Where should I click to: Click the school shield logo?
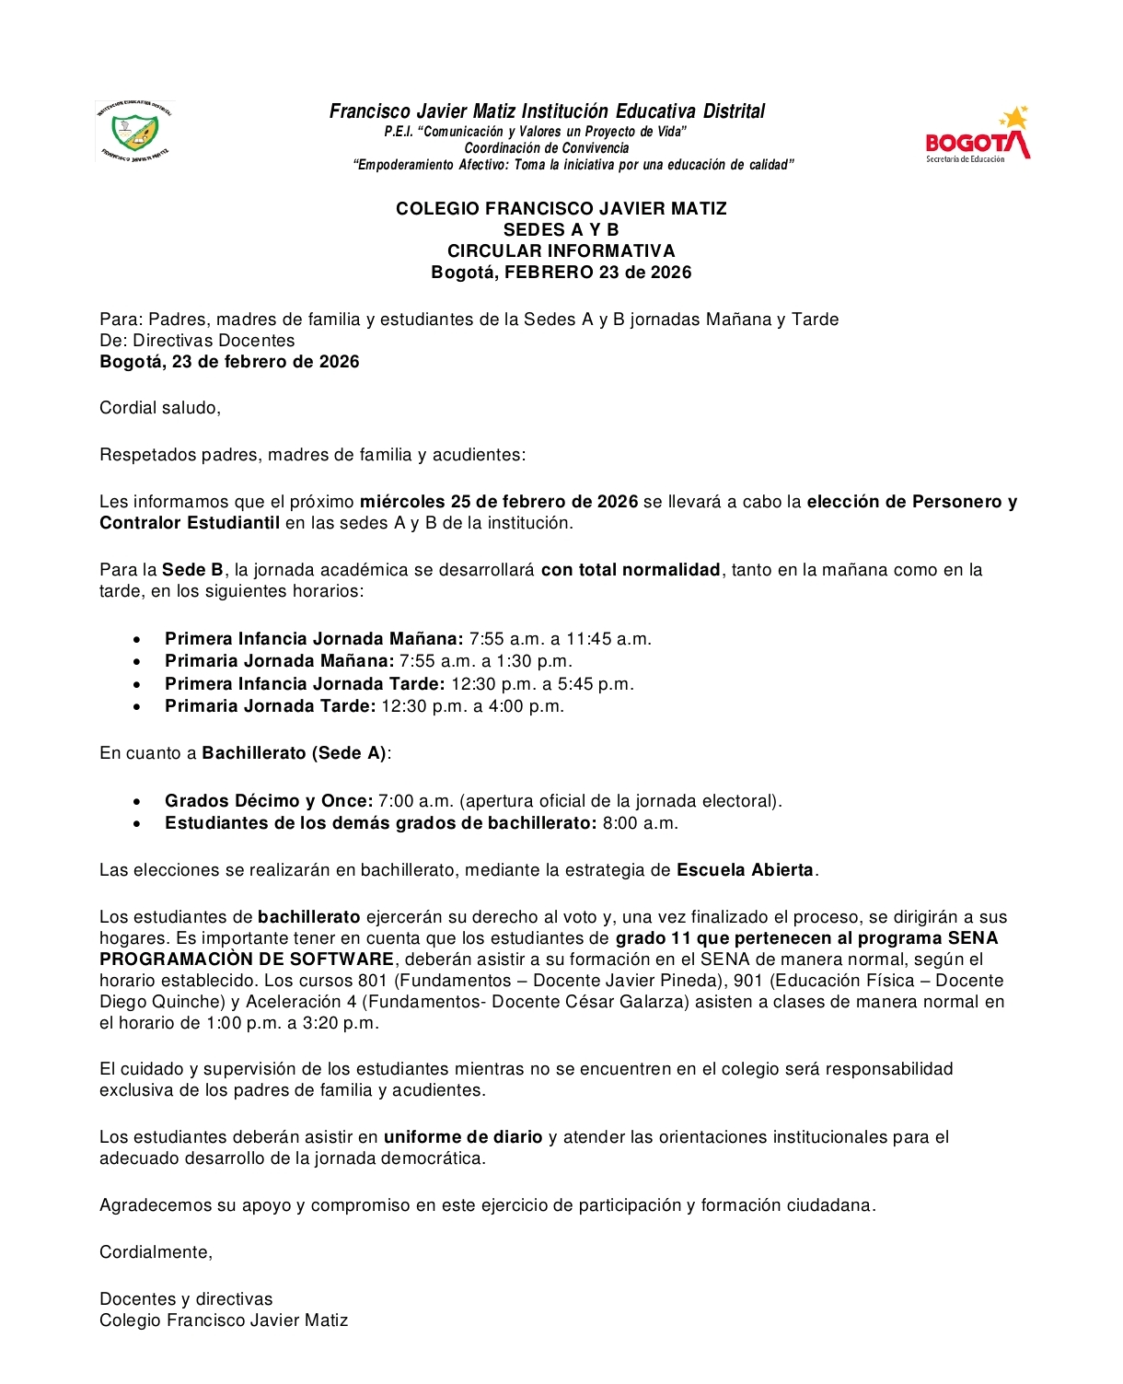[x=134, y=132]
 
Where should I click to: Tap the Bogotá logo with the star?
[x=978, y=134]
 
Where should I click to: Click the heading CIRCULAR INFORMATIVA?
[x=561, y=251]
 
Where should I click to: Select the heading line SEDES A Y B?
[x=561, y=230]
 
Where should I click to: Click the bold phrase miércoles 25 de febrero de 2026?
[x=498, y=502]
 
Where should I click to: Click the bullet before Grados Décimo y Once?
[x=137, y=802]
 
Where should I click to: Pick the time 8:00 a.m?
[x=640, y=823]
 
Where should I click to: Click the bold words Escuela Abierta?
[x=745, y=870]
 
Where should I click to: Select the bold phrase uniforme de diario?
[x=463, y=1137]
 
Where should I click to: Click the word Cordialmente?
[x=156, y=1252]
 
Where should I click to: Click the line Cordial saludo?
[x=160, y=408]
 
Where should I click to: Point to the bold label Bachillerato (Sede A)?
[x=294, y=753]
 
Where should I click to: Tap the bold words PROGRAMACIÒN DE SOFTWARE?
[x=247, y=959]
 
